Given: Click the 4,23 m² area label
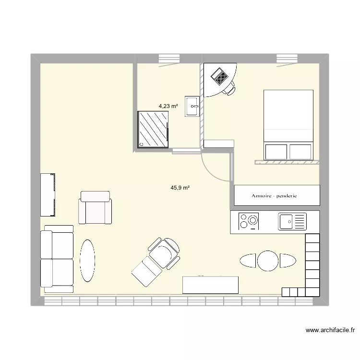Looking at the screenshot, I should pos(168,106).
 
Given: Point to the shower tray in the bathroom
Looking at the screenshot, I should pos(154,129).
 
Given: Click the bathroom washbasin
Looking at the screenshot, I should pos(193,106).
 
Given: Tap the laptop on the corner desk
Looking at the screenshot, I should pos(220,76).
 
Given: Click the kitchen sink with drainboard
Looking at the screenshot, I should pos(292,221).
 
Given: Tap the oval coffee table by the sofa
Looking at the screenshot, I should pos(87,260).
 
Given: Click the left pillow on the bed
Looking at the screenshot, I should pos(276,151).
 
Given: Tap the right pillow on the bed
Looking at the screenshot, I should pos(300,151).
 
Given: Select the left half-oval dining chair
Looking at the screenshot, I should pos(248,261).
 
